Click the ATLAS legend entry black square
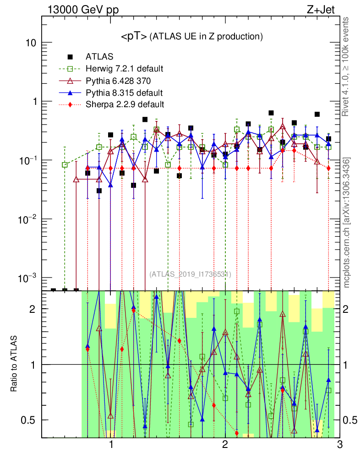point(70,57)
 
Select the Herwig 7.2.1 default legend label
point(125,69)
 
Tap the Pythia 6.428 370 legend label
point(121,81)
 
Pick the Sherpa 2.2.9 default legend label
point(125,104)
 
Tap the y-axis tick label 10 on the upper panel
point(30,43)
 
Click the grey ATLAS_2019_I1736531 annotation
point(190,274)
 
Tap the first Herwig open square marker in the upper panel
point(65,164)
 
